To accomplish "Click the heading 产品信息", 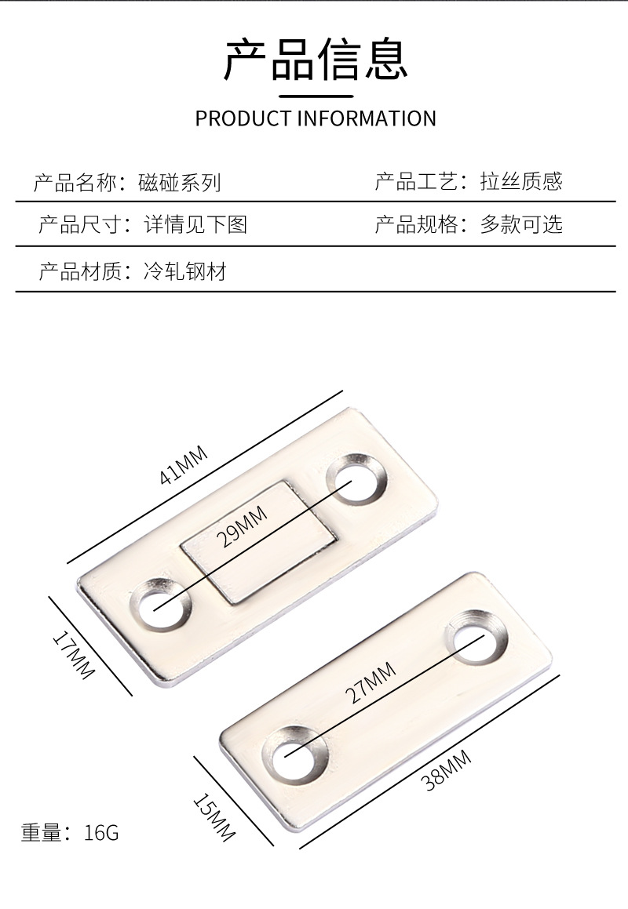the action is pyautogui.click(x=316, y=60).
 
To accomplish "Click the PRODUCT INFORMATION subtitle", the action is pyautogui.click(x=316, y=118).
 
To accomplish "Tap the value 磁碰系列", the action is pyautogui.click(x=179, y=183).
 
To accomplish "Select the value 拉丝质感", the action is pyautogui.click(x=521, y=182).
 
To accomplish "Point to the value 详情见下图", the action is pyautogui.click(x=195, y=225).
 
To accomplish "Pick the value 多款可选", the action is pyautogui.click(x=521, y=225).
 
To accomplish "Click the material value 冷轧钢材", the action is pyautogui.click(x=185, y=272).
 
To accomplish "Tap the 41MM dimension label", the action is pyautogui.click(x=184, y=466).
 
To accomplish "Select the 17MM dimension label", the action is pyautogui.click(x=73, y=655).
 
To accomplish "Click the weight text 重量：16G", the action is pyautogui.click(x=70, y=832).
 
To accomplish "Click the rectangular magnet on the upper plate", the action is pyautogui.click(x=258, y=541).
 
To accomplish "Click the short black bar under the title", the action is pyautogui.click(x=316, y=96).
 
